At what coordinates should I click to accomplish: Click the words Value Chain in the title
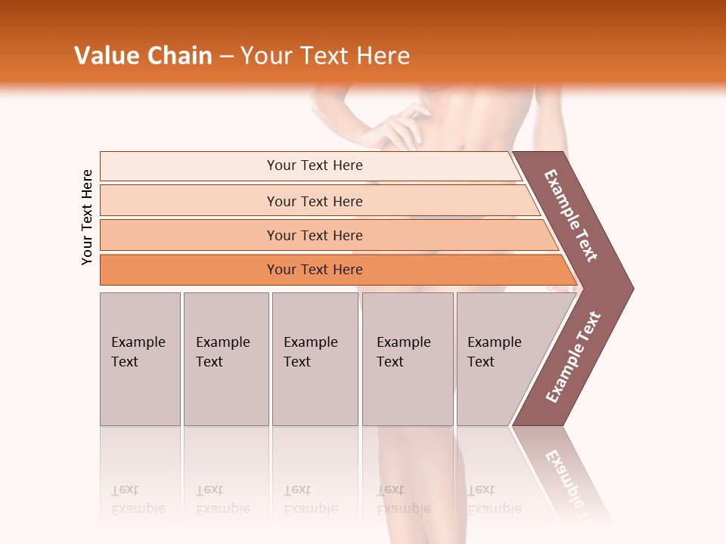143,56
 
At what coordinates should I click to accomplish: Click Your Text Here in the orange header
325,56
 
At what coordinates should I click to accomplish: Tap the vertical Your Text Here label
87,217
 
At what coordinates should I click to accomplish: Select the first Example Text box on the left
140,359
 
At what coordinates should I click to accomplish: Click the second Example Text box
225,359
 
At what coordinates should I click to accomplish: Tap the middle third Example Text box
315,359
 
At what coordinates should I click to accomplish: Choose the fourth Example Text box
408,359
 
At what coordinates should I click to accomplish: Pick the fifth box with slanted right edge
499,359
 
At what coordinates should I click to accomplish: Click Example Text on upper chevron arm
570,215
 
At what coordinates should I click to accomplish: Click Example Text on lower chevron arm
572,357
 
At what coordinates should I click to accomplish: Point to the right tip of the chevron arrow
631,288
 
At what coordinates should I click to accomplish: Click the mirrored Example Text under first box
138,499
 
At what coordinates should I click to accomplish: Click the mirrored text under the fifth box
493,499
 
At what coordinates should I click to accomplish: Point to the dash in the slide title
226,56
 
